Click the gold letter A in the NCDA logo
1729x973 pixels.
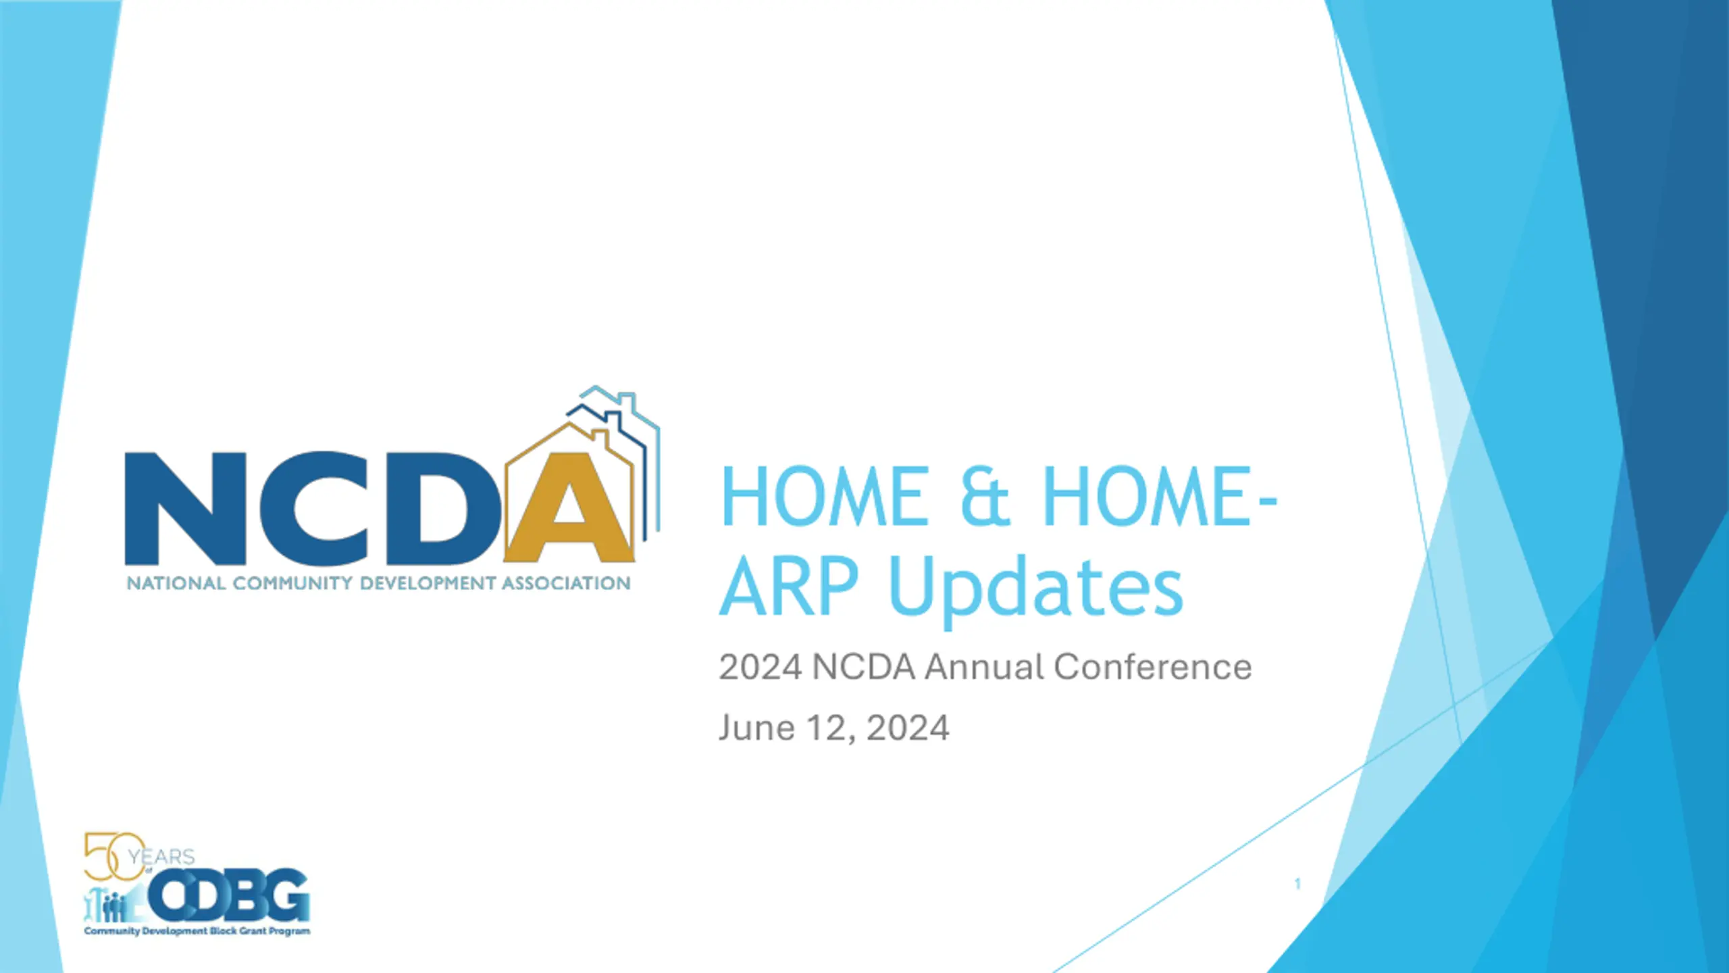571,507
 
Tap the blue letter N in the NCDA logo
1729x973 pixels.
186,508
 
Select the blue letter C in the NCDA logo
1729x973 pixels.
314,508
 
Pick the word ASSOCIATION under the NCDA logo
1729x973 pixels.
566,583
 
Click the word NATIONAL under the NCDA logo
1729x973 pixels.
176,583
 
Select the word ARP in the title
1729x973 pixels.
789,586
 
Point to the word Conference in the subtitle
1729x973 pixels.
1152,667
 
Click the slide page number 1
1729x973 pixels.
1297,883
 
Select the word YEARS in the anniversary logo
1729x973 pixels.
161,857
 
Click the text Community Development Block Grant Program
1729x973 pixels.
197,931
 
